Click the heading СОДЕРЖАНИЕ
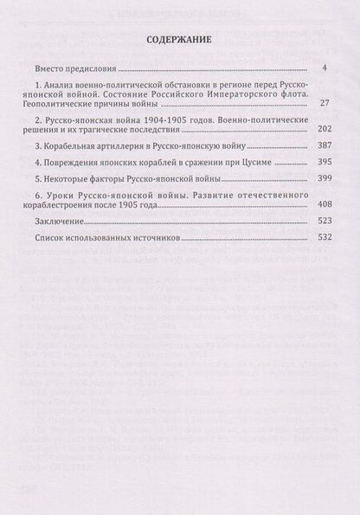pyautogui.click(x=179, y=40)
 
